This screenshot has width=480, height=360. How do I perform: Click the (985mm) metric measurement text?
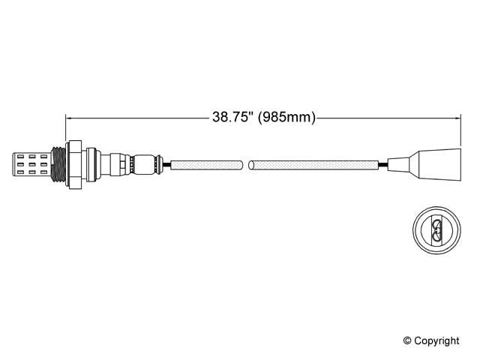(x=286, y=117)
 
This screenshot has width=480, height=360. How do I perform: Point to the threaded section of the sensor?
(x=55, y=163)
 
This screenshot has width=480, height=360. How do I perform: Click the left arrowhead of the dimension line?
(x=70, y=117)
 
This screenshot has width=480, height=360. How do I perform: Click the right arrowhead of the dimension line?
(x=455, y=117)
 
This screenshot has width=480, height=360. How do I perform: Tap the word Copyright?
(x=437, y=341)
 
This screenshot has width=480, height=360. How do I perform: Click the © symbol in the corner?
(x=409, y=341)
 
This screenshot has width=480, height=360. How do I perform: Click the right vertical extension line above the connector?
(x=459, y=131)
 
